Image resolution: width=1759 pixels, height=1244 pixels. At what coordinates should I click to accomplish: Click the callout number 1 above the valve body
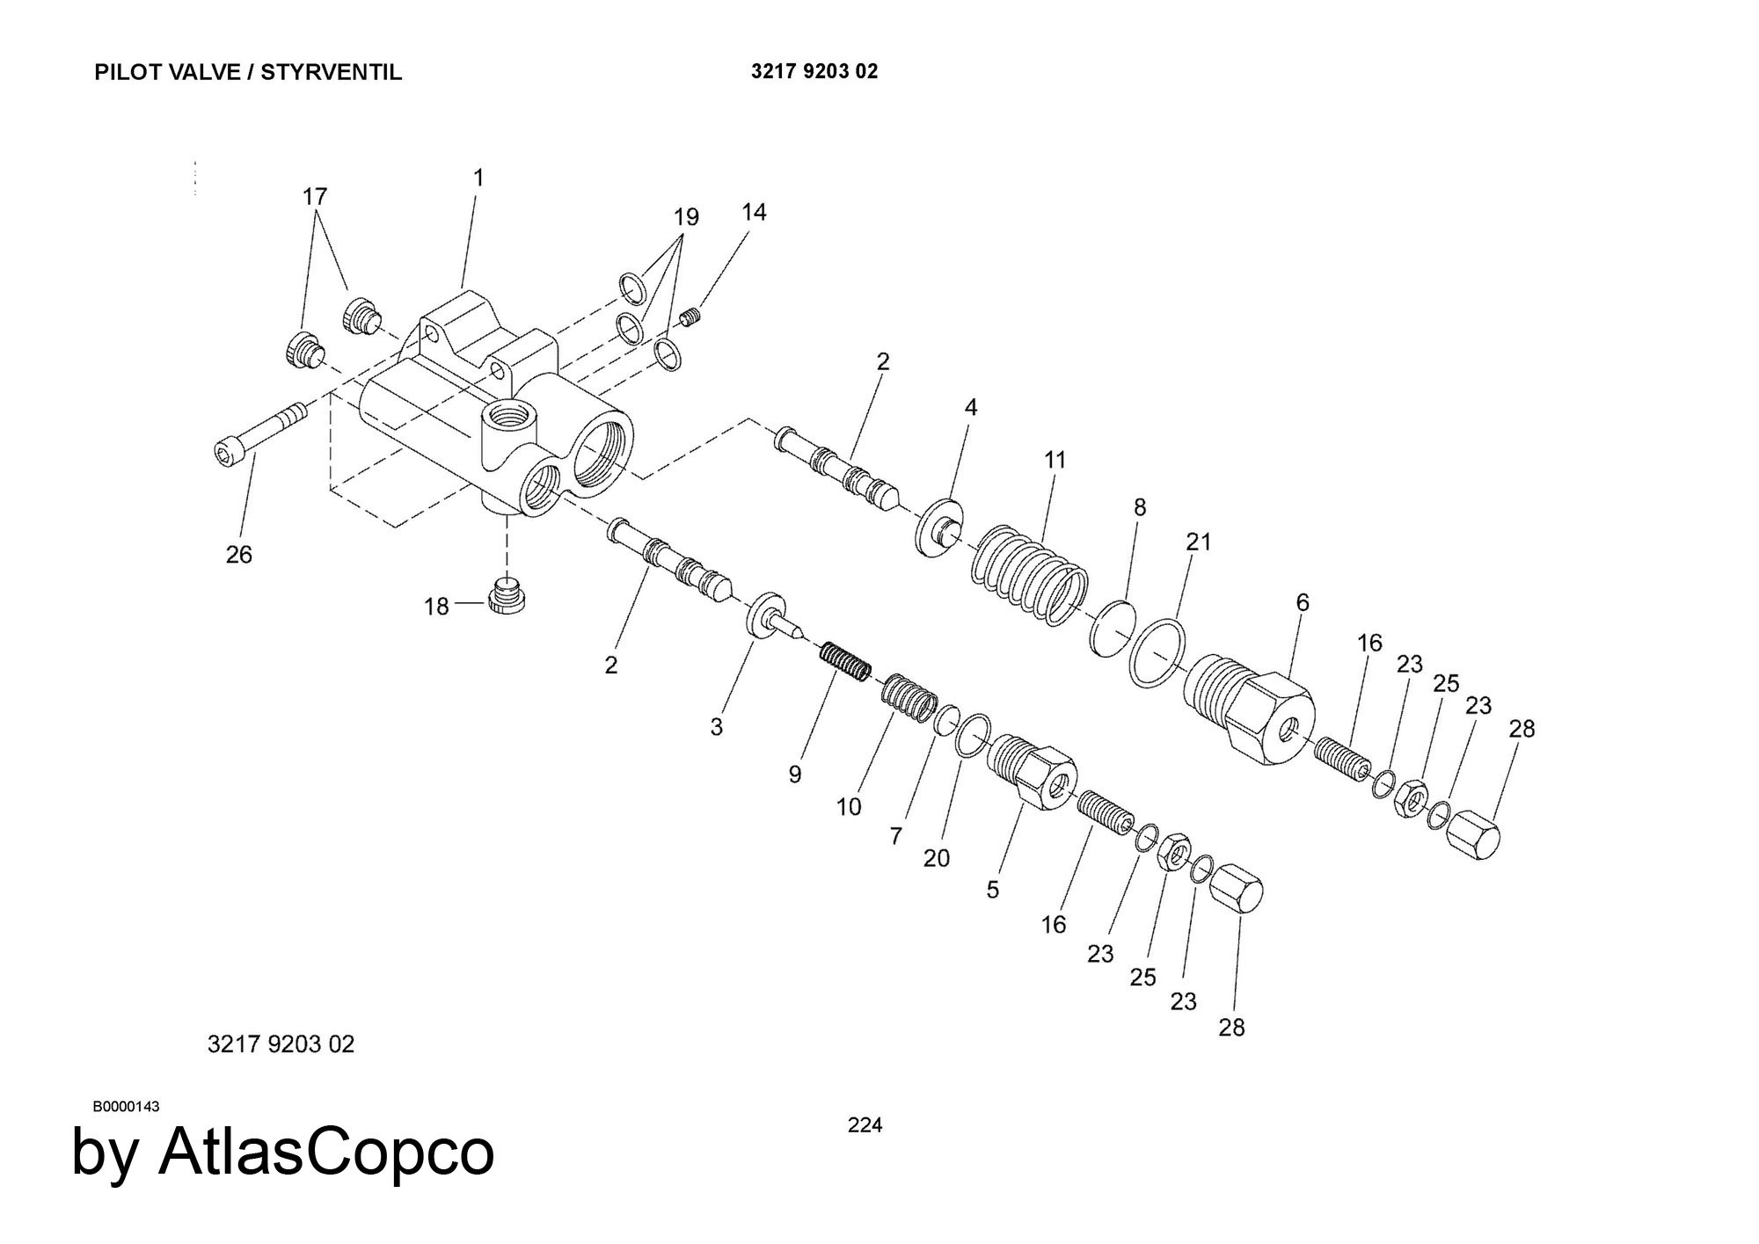(x=478, y=178)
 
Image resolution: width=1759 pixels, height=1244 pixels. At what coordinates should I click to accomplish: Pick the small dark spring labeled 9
(x=845, y=660)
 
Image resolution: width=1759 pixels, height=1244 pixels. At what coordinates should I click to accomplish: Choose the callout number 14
(x=754, y=212)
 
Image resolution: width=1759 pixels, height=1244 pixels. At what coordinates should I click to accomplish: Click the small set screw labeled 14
(x=691, y=317)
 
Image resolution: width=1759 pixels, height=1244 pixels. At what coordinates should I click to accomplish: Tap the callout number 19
(x=686, y=216)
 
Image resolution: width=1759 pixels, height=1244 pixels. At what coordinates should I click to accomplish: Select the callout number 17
(x=315, y=197)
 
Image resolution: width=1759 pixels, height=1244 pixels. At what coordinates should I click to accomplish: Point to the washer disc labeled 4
(x=939, y=527)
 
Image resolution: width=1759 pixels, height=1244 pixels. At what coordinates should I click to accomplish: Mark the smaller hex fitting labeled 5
(x=1033, y=769)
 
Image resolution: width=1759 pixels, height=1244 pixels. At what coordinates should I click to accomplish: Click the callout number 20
(x=937, y=857)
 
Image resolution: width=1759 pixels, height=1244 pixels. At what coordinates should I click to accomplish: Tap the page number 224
(x=865, y=1124)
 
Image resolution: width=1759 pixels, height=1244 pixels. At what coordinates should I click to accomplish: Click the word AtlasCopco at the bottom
(x=326, y=1152)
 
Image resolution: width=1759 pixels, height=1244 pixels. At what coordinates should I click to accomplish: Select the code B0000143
(x=127, y=1106)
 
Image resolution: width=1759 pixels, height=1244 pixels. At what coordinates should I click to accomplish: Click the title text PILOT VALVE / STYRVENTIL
(x=248, y=72)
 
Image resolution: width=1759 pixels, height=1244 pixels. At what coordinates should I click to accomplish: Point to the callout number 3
(x=717, y=727)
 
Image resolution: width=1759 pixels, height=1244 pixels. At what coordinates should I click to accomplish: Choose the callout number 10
(x=849, y=806)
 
